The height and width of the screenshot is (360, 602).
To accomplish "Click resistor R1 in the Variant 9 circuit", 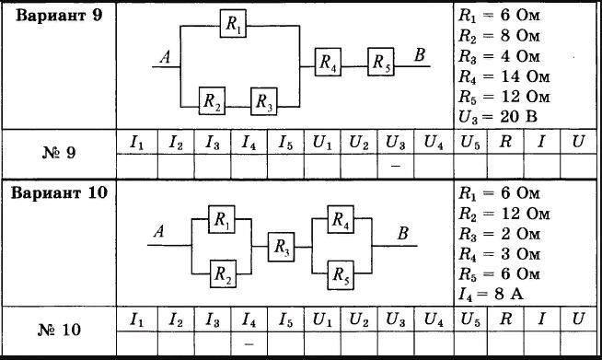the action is pyautogui.click(x=233, y=24).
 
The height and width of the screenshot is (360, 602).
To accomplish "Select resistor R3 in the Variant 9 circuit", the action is pyautogui.click(x=264, y=101).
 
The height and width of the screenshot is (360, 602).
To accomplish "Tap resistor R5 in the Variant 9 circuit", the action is pyautogui.click(x=381, y=62).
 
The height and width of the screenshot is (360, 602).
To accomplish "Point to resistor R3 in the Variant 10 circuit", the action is pyautogui.click(x=282, y=247).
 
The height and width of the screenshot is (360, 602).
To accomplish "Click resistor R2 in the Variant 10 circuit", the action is pyautogui.click(x=223, y=274).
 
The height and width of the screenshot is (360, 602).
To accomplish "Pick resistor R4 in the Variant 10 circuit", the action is pyautogui.click(x=341, y=219).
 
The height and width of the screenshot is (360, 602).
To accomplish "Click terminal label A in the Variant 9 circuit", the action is pyautogui.click(x=166, y=57).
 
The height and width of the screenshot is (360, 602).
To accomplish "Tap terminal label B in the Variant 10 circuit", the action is pyautogui.click(x=403, y=233).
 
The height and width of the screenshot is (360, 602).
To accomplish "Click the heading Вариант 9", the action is pyautogui.click(x=59, y=16).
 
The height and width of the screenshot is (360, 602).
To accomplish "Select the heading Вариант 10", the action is pyautogui.click(x=59, y=192).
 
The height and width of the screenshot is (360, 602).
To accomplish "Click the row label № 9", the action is pyautogui.click(x=59, y=153).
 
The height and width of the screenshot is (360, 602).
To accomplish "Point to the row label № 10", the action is pyautogui.click(x=59, y=330).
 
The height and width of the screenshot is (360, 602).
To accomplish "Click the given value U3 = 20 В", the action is pyautogui.click(x=498, y=117).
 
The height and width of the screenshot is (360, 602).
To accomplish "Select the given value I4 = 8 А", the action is pyautogui.click(x=491, y=295).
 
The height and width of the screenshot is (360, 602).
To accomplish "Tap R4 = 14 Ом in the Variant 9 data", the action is pyautogui.click(x=504, y=76).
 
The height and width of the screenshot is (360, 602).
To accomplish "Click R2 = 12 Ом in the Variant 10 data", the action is pyautogui.click(x=504, y=214).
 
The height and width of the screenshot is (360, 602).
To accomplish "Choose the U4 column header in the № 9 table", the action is pyautogui.click(x=434, y=143).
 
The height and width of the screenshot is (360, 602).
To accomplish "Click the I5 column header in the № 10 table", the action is pyautogui.click(x=285, y=319).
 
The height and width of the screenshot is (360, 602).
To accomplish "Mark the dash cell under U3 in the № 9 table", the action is pyautogui.click(x=396, y=167).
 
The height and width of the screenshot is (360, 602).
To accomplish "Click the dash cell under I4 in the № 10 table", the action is pyautogui.click(x=249, y=343).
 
